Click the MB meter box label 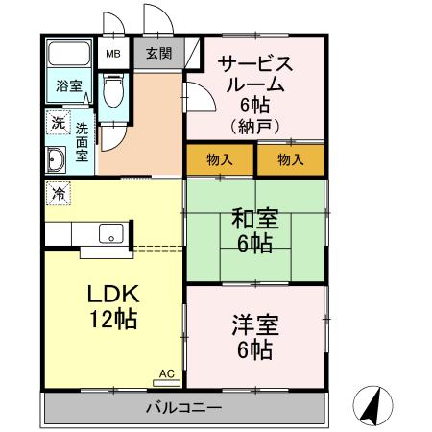[x=113, y=54]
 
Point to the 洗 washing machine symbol [x=57, y=122]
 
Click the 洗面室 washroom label [x=84, y=139]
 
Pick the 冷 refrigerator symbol [x=58, y=192]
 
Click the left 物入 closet [x=220, y=159]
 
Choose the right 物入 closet [x=291, y=159]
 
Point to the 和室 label [x=254, y=219]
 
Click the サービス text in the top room [x=255, y=63]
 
